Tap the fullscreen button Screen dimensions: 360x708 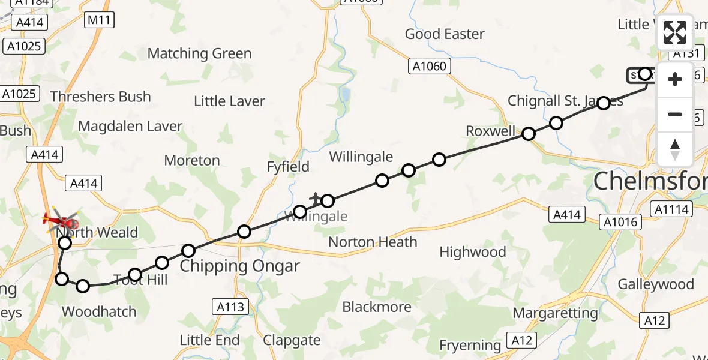click(675, 32)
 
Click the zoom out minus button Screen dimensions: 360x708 click(675, 114)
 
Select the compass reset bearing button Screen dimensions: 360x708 click(675, 149)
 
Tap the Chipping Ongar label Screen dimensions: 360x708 click(240, 266)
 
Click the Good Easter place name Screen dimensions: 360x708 click(445, 34)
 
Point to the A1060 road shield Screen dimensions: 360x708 click(430, 66)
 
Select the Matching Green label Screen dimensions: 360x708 click(199, 53)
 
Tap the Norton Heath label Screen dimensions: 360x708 click(373, 242)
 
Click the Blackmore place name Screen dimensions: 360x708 click(377, 307)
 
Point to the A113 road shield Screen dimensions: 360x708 click(230, 307)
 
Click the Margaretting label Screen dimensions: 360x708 click(555, 313)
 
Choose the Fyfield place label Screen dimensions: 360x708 click(288, 166)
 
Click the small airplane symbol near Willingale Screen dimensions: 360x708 click(315, 197)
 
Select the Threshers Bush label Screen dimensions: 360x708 click(101, 97)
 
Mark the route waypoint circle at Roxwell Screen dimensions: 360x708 click(529, 134)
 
